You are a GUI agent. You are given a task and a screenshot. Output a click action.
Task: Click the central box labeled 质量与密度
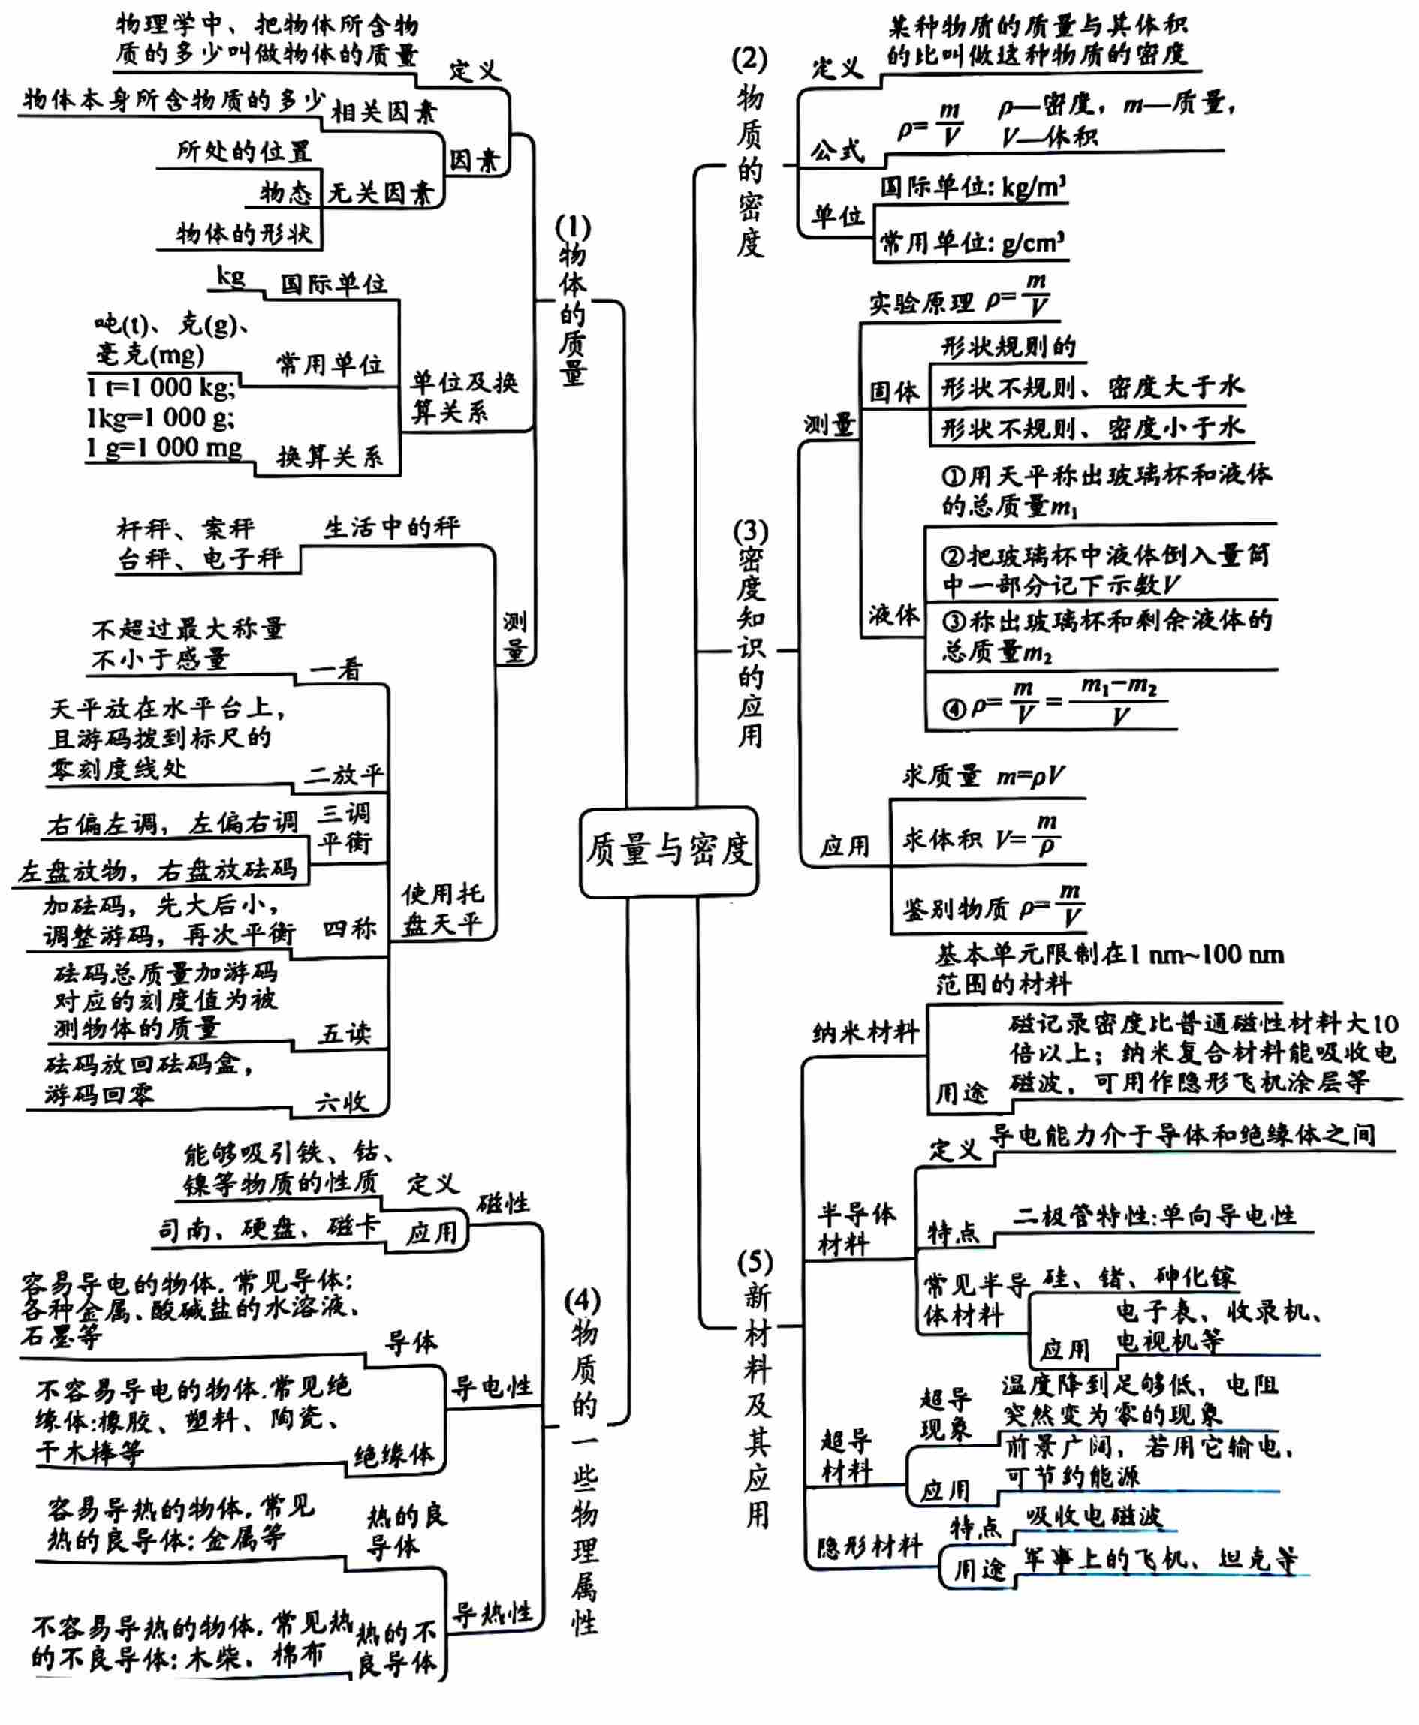[667, 850]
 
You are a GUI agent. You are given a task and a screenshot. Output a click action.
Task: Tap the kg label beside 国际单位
[230, 277]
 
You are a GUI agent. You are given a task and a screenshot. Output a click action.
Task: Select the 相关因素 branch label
[384, 112]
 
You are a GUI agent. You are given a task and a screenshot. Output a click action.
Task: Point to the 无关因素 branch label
[380, 194]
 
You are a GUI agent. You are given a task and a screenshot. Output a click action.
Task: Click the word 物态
[286, 193]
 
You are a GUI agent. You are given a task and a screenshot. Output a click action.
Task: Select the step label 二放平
[343, 775]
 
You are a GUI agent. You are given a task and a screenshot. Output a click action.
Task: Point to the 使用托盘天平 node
[442, 910]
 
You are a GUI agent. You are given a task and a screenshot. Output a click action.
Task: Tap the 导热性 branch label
[493, 1613]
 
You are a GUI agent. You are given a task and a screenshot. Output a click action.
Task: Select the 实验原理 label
[921, 304]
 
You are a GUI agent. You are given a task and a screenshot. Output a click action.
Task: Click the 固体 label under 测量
[894, 393]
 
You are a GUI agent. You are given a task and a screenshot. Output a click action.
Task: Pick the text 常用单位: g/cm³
[972, 243]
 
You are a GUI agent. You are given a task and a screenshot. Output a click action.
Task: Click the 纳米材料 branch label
[866, 1033]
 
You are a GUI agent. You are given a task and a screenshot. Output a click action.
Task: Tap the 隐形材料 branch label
[869, 1546]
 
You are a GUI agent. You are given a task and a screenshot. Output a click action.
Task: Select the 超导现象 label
[946, 1414]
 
